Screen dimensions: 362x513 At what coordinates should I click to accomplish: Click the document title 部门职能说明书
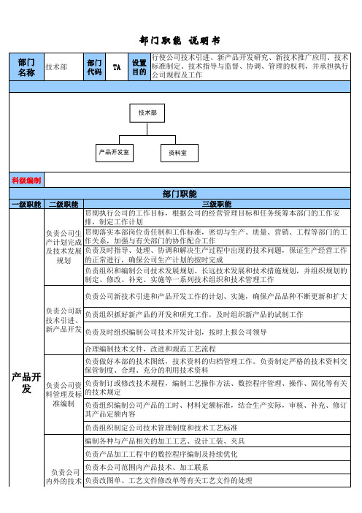tap(180, 41)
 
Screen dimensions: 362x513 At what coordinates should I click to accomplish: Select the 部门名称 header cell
tap(26, 67)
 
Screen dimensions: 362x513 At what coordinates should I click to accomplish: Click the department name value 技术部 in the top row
tap(56, 67)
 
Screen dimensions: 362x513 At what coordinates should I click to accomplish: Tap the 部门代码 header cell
tap(94, 67)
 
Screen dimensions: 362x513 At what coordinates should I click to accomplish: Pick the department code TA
tap(117, 67)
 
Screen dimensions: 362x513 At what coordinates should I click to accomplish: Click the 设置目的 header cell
tap(139, 67)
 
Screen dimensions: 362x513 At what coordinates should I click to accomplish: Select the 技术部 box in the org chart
tap(147, 113)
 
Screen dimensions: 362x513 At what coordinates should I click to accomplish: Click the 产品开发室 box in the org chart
tap(115, 153)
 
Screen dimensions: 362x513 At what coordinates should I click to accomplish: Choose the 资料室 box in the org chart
tap(180, 153)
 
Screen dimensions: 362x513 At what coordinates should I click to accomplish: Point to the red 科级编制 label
tap(26, 180)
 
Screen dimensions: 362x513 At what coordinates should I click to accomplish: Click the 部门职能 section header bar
tap(180, 194)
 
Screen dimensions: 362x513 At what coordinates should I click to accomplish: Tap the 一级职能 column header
tap(26, 205)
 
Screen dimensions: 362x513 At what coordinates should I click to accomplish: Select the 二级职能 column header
tap(63, 205)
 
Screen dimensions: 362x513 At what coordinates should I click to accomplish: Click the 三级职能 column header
tap(217, 205)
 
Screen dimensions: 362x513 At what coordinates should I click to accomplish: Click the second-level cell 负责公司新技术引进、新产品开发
tap(63, 320)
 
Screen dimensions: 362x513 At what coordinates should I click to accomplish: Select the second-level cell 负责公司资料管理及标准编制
tap(63, 395)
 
